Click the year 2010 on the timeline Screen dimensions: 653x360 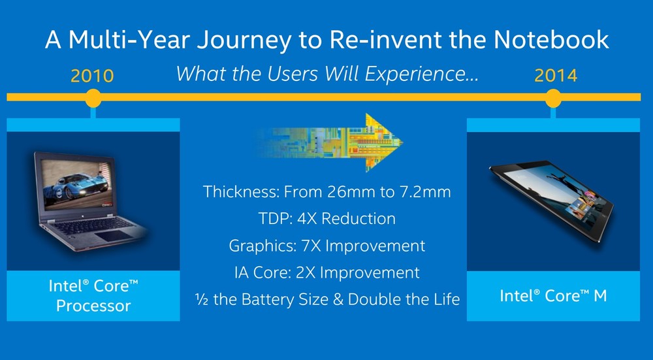92,76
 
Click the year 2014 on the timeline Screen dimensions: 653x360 556,76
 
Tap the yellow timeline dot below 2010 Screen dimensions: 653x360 93,98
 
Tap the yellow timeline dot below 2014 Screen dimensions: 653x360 553,98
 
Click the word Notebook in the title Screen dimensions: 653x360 551,40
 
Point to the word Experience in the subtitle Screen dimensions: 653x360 421,74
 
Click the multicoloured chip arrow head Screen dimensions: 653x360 384,142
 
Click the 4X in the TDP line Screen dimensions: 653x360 308,219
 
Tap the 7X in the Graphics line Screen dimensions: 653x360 311,246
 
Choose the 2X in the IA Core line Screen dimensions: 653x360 306,272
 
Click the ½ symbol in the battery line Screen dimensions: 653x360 202,299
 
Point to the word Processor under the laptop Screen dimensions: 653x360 93,306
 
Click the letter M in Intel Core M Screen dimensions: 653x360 600,296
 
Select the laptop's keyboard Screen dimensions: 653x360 89,225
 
